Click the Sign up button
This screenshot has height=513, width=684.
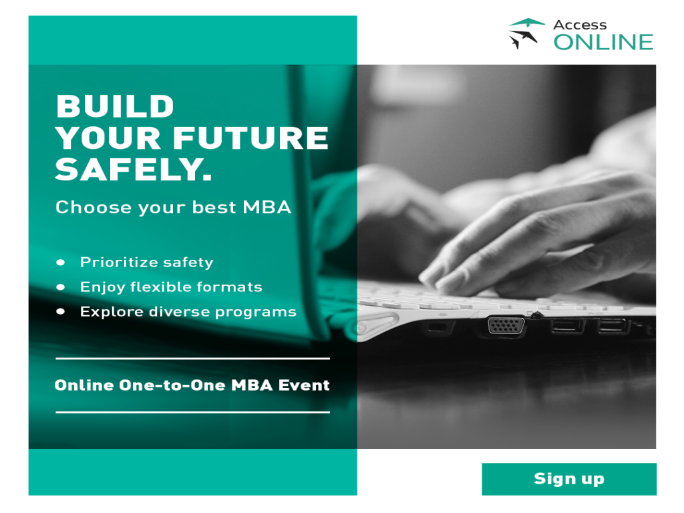click(x=568, y=479)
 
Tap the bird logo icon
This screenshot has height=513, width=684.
click(x=526, y=33)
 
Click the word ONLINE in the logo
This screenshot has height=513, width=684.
click(x=603, y=42)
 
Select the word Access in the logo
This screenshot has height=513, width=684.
click(x=580, y=25)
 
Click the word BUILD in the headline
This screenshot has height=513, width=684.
click(x=115, y=107)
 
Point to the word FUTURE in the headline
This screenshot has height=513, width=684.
click(x=251, y=138)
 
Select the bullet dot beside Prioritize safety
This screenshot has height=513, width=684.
click(x=61, y=262)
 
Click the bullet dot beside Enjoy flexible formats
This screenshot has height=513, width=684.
click(x=61, y=287)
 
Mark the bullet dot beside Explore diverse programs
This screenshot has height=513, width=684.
click(x=61, y=311)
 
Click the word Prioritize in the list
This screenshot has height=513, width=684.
click(x=118, y=262)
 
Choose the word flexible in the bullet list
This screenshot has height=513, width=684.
click(x=159, y=287)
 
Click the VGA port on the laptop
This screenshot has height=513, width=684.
click(x=506, y=325)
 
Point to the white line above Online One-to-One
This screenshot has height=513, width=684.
click(x=192, y=359)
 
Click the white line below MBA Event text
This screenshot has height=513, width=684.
click(x=192, y=412)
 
